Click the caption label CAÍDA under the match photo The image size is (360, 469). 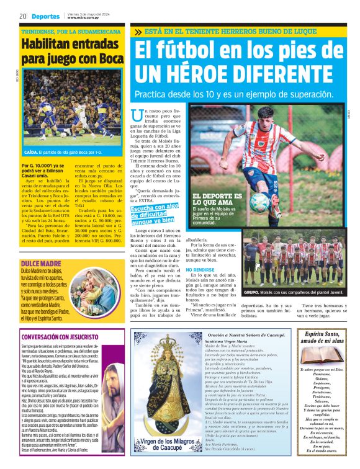coord(31,152)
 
